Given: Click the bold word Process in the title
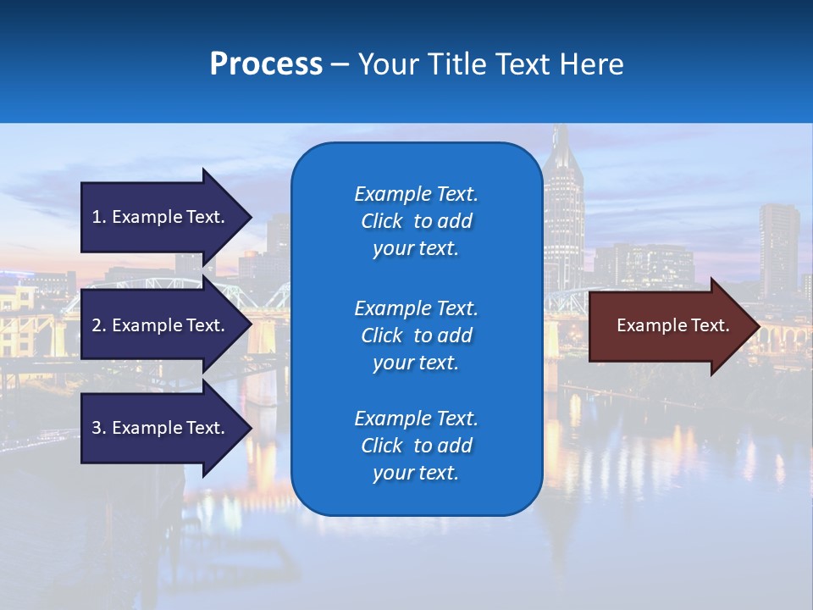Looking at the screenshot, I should (266, 64).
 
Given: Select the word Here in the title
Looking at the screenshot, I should (592, 64).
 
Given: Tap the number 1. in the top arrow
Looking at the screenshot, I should (99, 217).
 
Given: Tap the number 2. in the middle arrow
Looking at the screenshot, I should (99, 325).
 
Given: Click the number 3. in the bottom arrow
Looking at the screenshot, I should (99, 428).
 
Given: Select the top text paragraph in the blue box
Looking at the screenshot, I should (416, 221).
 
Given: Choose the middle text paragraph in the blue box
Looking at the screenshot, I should (416, 335).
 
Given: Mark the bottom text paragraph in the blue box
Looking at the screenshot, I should (416, 446).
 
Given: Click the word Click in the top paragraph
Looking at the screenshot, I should (382, 221).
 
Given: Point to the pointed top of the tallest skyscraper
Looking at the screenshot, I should (561, 129).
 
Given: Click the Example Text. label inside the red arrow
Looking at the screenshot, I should (672, 326).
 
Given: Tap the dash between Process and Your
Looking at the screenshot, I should (340, 65).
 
